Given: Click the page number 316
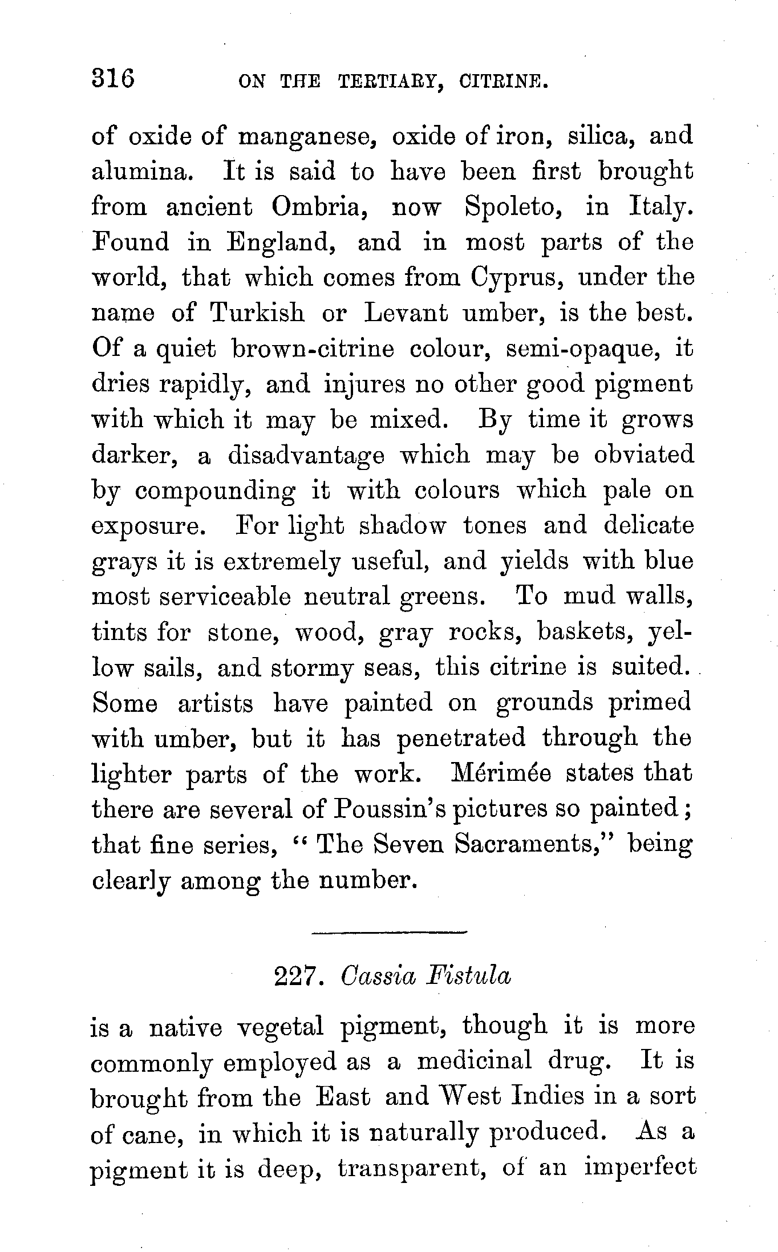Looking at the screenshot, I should click(x=113, y=78).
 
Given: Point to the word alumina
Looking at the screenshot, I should click(x=140, y=172).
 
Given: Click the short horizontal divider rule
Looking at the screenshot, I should click(x=390, y=933).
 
